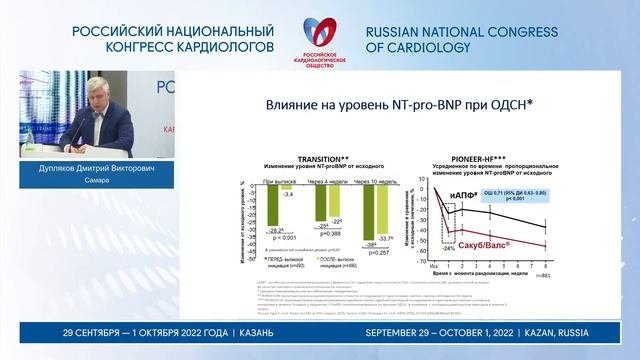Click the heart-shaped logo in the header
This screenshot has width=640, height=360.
click(x=319, y=28)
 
